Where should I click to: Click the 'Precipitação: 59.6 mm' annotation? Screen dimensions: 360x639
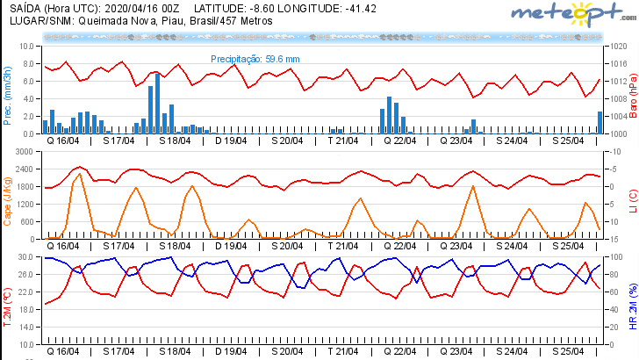click(255, 59)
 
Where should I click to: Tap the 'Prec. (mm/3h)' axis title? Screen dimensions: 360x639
click(7, 90)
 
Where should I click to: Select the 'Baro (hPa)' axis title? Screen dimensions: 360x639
click(632, 90)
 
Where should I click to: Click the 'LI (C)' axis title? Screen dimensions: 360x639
click(632, 200)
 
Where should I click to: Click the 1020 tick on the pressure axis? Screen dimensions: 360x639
click(616, 46)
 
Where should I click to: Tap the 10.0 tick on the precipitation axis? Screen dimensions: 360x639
click(26, 46)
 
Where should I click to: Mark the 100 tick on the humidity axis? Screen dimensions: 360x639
click(615, 256)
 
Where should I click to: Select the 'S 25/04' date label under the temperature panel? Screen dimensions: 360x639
click(566, 350)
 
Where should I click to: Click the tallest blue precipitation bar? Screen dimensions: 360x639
click(157, 102)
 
